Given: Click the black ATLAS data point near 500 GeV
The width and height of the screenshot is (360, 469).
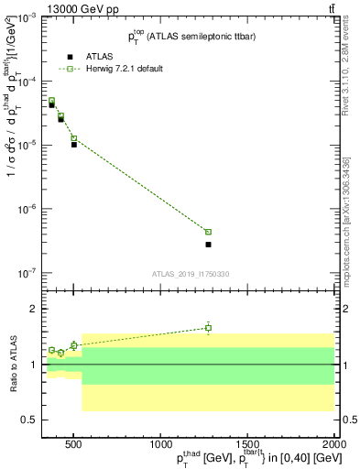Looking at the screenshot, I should tap(74, 145).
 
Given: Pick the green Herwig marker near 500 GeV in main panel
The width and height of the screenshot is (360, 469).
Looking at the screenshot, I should tap(74, 138).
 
